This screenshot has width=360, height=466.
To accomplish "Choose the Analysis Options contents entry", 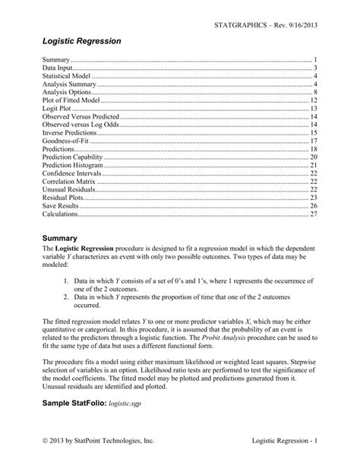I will (x=68, y=93).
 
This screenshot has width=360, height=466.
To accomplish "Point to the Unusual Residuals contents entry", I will (x=70, y=189).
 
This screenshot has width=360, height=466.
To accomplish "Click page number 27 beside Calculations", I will (x=312, y=214).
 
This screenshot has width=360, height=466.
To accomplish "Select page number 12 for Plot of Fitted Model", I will (x=312, y=100).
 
